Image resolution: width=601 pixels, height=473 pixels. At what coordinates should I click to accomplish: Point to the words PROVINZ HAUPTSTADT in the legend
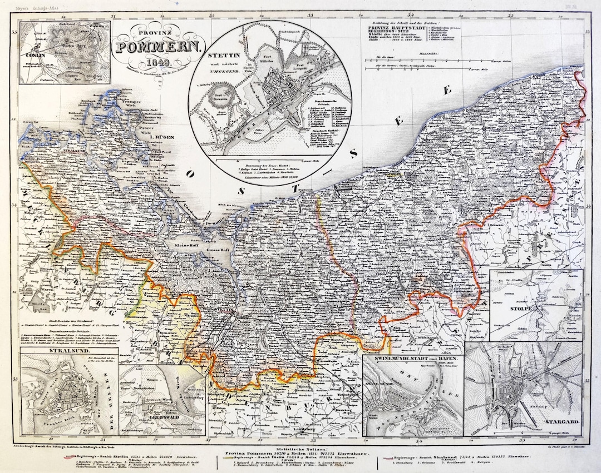click(395, 26)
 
